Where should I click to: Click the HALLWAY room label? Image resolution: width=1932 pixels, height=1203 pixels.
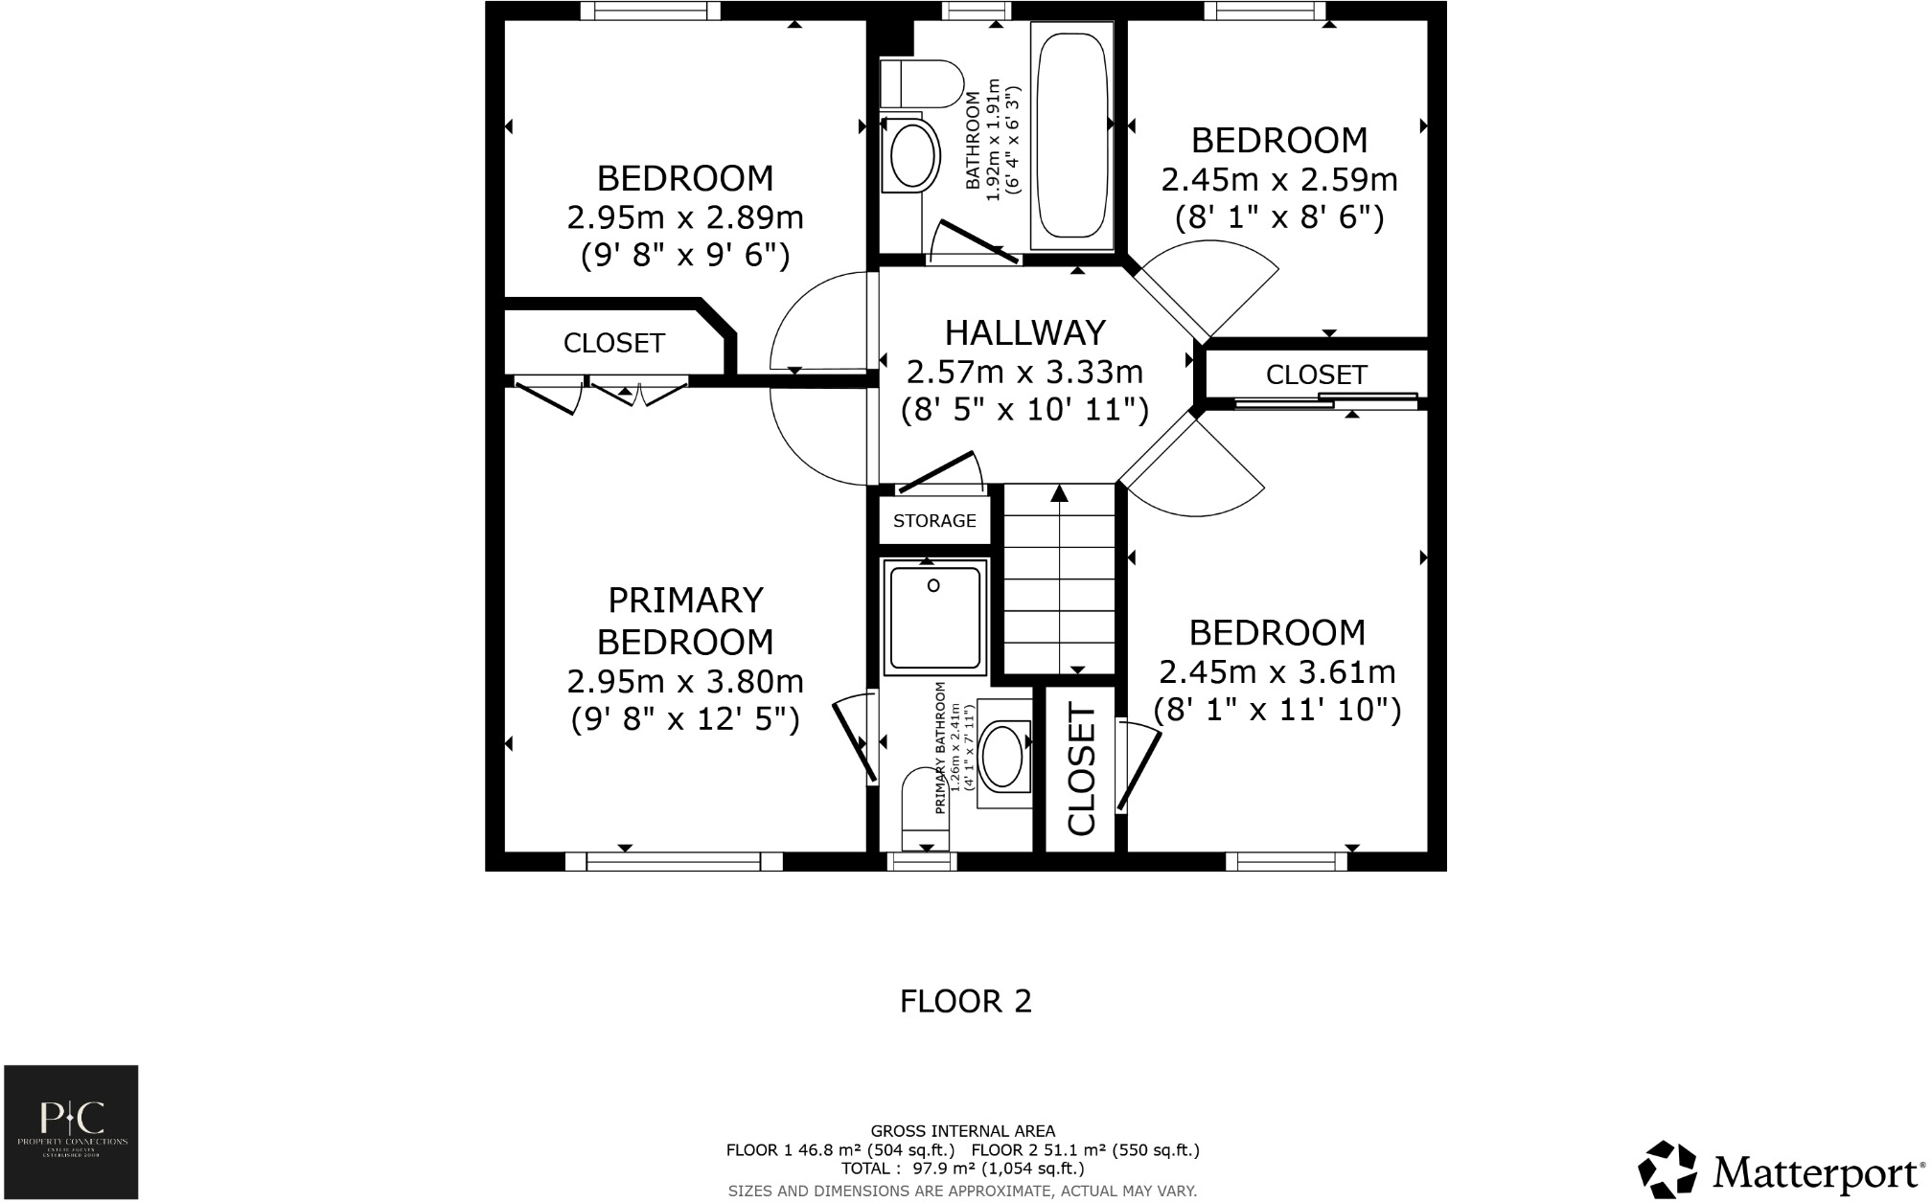[x=1024, y=332]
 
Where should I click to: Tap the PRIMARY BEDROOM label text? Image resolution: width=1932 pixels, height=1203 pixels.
[x=685, y=621]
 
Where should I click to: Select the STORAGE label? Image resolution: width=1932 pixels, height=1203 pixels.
[x=934, y=520]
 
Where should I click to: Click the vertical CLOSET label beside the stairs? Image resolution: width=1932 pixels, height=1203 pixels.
[x=1081, y=770]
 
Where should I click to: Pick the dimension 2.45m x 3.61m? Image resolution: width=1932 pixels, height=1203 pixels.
[x=1276, y=672]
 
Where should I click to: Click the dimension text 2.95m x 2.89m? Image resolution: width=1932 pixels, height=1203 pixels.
[x=685, y=218]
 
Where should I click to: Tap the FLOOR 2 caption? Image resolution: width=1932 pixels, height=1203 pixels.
[x=965, y=1002]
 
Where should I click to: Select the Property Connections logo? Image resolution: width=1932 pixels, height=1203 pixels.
[x=71, y=1131]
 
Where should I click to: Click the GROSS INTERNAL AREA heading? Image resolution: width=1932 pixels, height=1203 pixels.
[x=962, y=1130]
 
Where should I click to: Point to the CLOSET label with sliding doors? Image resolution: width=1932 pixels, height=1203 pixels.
[x=1316, y=375]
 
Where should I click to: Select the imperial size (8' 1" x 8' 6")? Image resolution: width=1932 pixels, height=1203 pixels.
[x=1278, y=218]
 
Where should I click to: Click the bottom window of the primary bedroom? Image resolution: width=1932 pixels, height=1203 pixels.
[x=674, y=862]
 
